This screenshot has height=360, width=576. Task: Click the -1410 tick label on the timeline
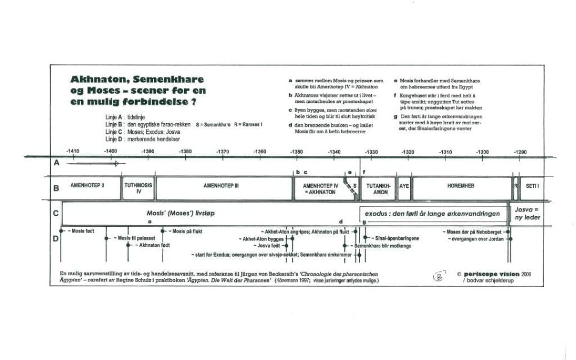coord(73,152)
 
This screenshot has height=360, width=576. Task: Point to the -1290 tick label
coord(520,152)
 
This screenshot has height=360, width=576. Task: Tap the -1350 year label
coord(297,152)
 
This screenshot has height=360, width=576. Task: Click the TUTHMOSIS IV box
coord(138,189)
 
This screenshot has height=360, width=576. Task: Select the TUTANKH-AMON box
coord(377,189)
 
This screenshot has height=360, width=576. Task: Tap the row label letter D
coord(55,238)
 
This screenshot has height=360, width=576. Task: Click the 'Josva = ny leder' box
coord(527,213)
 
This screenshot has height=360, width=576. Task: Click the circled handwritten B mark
coord(438,276)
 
